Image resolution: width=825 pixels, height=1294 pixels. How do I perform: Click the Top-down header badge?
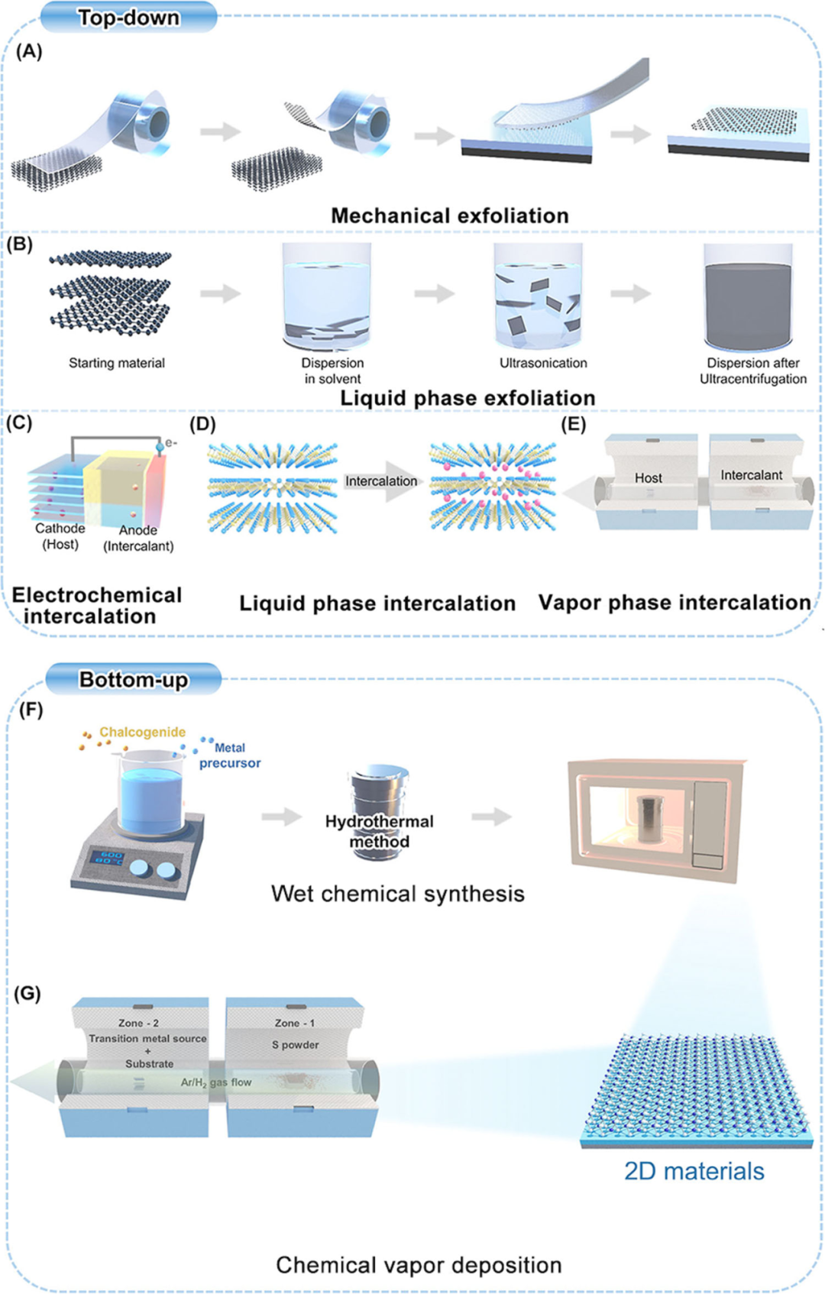(128, 18)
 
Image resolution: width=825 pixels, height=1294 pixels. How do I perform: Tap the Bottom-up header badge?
(134, 679)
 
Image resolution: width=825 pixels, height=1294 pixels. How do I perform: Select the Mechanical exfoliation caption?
(450, 216)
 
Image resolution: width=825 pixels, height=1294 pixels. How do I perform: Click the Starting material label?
(117, 363)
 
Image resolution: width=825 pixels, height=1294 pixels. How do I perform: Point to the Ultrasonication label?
(543, 363)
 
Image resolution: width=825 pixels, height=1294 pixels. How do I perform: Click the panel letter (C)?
(19, 423)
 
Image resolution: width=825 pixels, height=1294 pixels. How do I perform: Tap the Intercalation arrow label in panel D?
(381, 481)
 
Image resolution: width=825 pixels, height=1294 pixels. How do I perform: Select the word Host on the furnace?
(649, 478)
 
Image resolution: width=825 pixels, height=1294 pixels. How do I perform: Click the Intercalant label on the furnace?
(752, 475)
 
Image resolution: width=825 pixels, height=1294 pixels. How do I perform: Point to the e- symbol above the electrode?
(171, 442)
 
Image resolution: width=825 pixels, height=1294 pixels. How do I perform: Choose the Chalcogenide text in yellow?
(142, 732)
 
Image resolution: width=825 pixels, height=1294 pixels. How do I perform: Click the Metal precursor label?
(230, 755)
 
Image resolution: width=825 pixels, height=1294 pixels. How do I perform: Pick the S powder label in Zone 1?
(296, 1044)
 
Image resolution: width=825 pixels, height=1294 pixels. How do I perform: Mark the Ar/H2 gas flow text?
(216, 1082)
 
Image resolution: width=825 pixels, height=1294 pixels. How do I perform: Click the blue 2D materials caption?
(694, 1171)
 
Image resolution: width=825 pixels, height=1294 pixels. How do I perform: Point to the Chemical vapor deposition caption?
(419, 1265)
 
